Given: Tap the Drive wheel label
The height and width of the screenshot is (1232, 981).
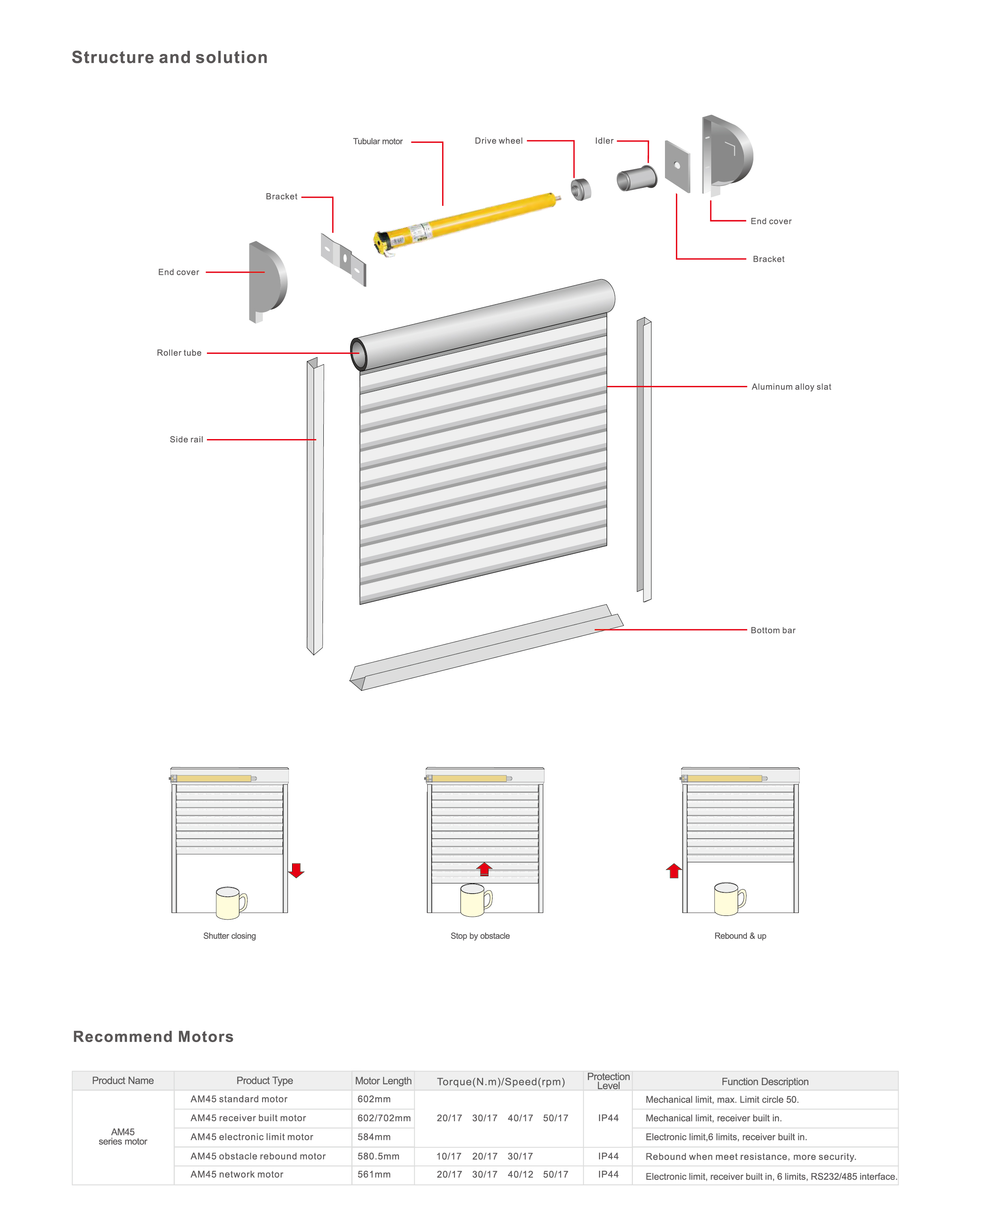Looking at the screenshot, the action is pos(498,140).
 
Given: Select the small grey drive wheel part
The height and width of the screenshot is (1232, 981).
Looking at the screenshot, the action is pos(581,189).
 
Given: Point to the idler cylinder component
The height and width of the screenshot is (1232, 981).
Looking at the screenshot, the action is pos(637,178).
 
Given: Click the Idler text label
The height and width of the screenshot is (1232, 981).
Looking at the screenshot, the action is pos(604,140).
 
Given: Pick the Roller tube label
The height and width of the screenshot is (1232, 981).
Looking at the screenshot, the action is pos(179,353).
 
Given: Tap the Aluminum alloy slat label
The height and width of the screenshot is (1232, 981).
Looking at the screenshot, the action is pos(791,386).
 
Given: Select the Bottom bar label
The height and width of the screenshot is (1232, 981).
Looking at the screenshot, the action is pos(772,630).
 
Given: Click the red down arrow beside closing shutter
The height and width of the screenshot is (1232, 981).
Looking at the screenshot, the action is pos(296,870).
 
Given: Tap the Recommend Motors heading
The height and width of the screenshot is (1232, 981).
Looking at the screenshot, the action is pos(153,1036).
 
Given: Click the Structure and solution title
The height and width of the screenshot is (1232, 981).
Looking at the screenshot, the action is pos(170,57).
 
